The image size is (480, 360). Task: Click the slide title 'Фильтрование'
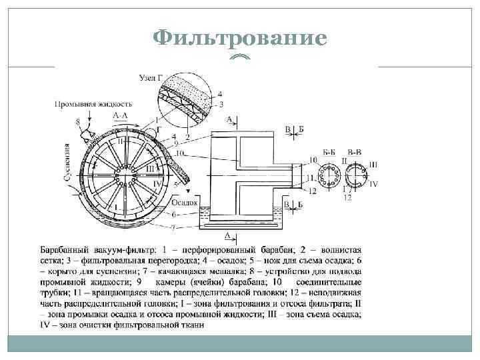pos(240,38)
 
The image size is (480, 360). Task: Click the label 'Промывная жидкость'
pos(93,104)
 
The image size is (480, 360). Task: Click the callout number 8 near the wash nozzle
pos(78,121)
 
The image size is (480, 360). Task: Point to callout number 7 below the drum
pos(174,227)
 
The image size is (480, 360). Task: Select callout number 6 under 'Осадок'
pos(174,214)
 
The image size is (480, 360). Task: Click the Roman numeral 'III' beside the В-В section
pos(373,165)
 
